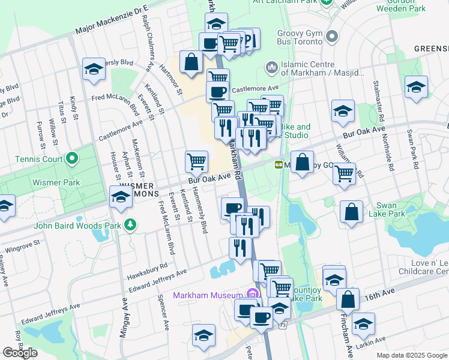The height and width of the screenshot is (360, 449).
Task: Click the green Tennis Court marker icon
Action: point(72,159)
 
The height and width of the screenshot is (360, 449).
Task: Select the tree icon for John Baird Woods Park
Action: point(130,226)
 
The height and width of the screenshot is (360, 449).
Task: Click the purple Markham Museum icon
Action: point(252,295)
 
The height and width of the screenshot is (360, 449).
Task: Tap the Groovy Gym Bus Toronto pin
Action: point(331,38)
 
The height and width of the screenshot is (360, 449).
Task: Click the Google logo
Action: point(20,353)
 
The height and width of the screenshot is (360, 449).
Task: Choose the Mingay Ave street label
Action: point(122,318)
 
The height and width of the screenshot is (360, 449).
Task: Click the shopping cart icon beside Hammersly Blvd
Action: point(196,161)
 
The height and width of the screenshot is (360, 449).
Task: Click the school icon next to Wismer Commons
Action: point(120,196)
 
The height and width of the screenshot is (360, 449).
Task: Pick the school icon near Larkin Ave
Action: point(363,323)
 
